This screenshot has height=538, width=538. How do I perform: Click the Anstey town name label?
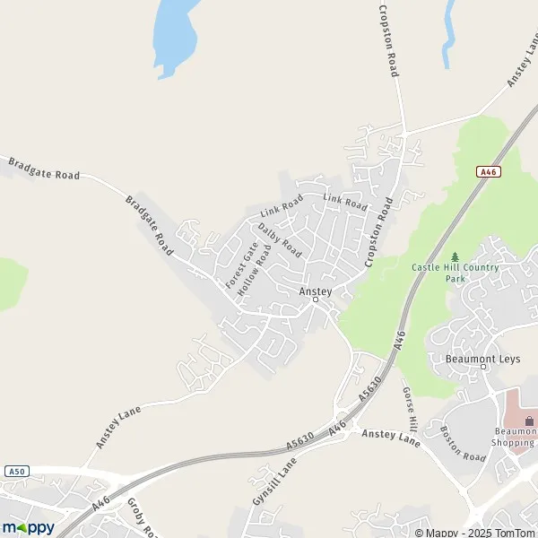click(x=315, y=291)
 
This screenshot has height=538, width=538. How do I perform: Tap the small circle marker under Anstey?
click(x=315, y=300)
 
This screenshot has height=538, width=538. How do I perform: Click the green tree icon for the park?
click(x=455, y=257)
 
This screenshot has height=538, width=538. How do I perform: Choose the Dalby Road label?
click(x=280, y=239)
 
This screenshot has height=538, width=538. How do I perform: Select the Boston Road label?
click(x=463, y=444)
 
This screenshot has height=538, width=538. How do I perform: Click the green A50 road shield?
click(x=14, y=471)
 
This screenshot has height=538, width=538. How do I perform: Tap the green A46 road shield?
click(x=488, y=172)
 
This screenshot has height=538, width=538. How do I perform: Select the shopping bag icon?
click(x=528, y=421)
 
